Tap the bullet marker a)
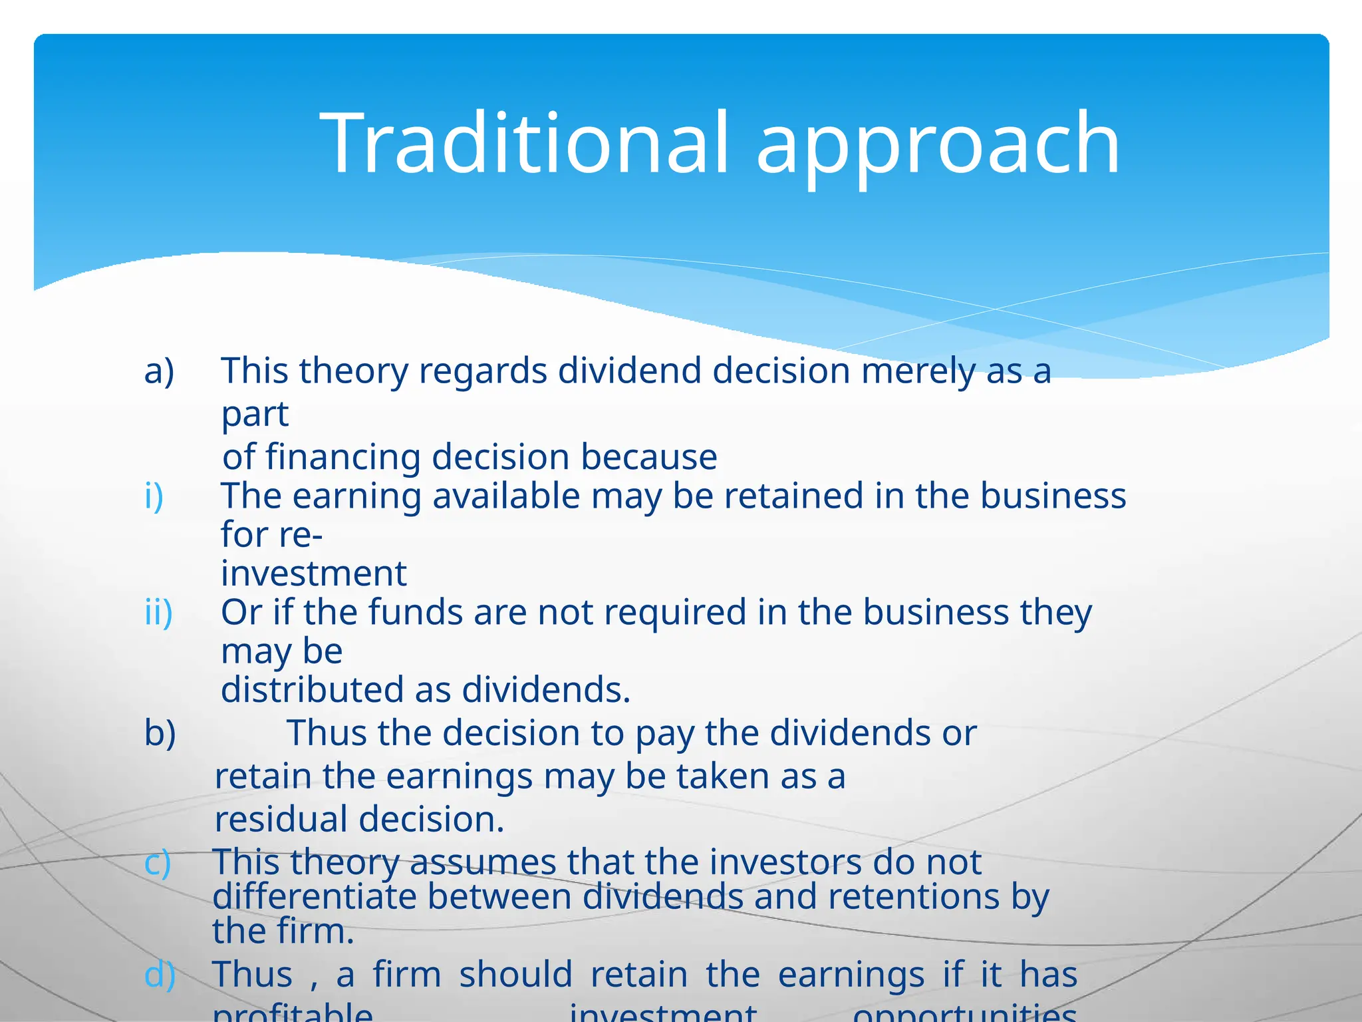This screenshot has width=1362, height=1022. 159,371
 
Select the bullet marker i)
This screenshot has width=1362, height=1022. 154,496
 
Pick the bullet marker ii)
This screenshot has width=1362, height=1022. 158,611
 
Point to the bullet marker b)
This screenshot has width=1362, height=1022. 160,733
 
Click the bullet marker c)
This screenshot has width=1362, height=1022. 158,862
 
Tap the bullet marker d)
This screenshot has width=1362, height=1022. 160,975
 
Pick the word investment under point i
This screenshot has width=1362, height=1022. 313,574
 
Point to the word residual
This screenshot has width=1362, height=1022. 281,819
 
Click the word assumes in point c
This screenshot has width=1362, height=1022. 482,862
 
